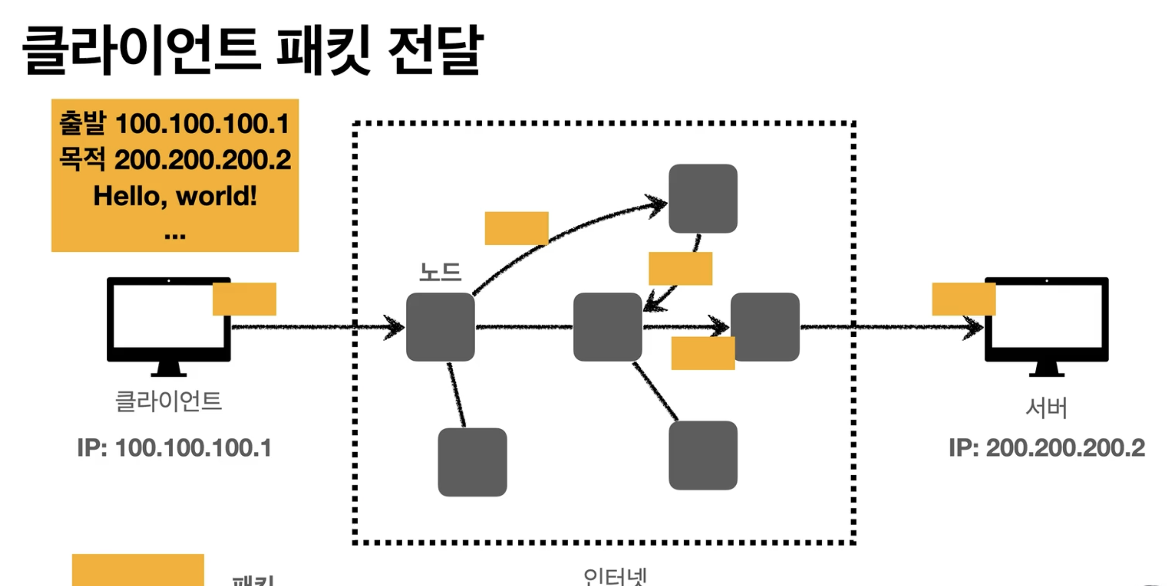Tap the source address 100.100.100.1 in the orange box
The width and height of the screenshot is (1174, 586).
pos(202,124)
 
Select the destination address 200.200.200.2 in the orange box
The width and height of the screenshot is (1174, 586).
pos(202,160)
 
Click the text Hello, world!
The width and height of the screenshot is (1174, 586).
pos(175,196)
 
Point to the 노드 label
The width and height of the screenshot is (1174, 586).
pos(440,272)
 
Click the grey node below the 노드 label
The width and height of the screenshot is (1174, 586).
pos(440,327)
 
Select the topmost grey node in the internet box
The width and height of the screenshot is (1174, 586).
pos(703,198)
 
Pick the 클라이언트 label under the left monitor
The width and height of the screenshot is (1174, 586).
pos(169,402)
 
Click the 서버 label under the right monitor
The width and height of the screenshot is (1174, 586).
pos(1047,408)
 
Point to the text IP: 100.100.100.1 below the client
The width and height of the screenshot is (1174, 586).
pos(174,448)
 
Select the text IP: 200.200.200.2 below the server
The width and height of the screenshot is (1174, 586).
pos(1047,448)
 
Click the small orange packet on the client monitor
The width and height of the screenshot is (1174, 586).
pos(244,299)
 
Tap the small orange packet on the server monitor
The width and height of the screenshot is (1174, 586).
pos(963,299)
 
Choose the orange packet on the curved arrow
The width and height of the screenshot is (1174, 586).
pos(516,228)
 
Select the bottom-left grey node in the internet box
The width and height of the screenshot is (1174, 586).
pos(472,462)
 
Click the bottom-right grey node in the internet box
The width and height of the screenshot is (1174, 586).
pos(703,455)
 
